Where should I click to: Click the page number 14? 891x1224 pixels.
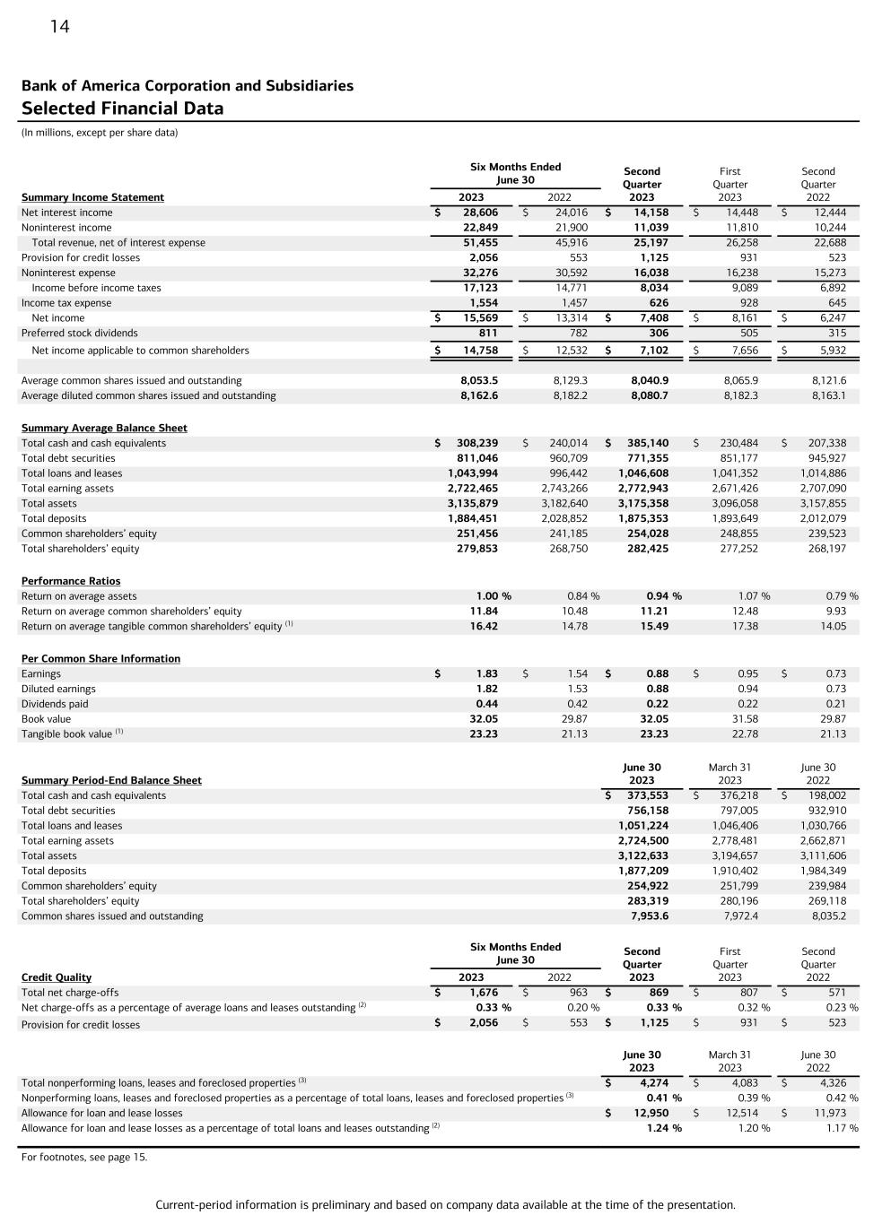pos(59,27)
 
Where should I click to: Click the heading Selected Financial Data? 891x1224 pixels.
pos(122,109)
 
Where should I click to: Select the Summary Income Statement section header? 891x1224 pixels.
pos(92,197)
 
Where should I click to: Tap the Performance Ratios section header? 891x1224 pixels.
pos(71,581)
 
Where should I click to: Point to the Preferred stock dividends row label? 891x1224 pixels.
pos(80,333)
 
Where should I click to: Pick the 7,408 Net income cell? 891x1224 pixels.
pos(651,317)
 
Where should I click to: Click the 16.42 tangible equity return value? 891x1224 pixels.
pos(484,626)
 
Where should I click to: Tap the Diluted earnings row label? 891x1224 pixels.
pos(58,689)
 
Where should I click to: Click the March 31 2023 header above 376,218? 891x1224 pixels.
pos(729,774)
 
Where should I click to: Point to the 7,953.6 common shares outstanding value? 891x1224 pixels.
pos(650,916)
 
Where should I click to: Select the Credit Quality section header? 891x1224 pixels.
pos(57,977)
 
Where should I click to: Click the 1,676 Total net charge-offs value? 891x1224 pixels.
pos(484,993)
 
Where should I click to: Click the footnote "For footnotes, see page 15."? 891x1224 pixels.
pos(84,1157)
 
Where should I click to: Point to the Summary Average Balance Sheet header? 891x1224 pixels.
pos(104,428)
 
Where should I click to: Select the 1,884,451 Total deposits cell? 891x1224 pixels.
pos(473,518)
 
